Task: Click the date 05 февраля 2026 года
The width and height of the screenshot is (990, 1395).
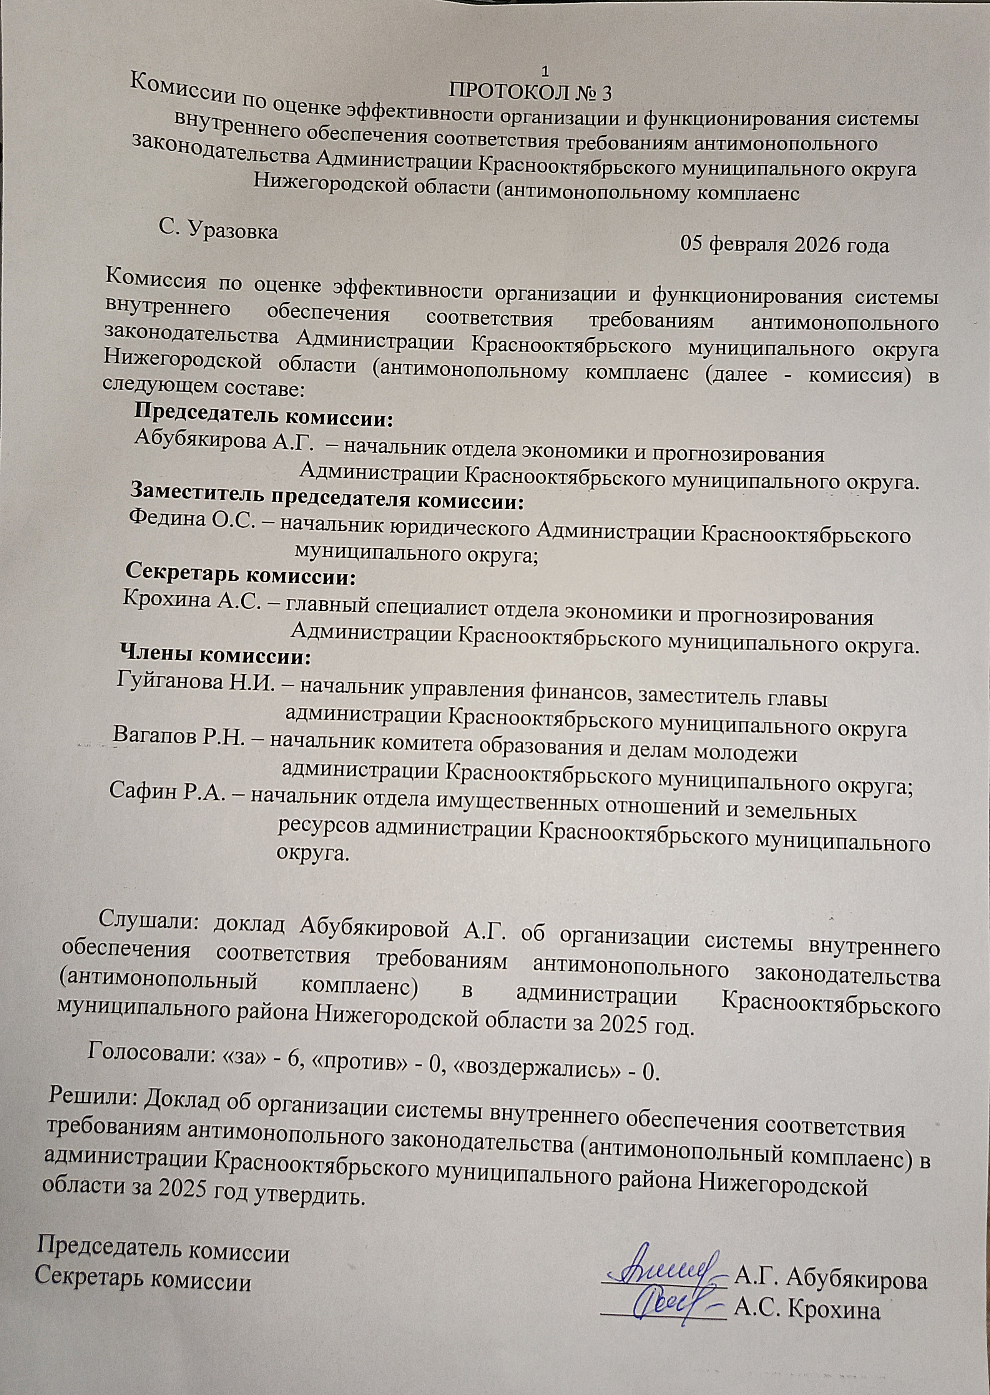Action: coord(784,245)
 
